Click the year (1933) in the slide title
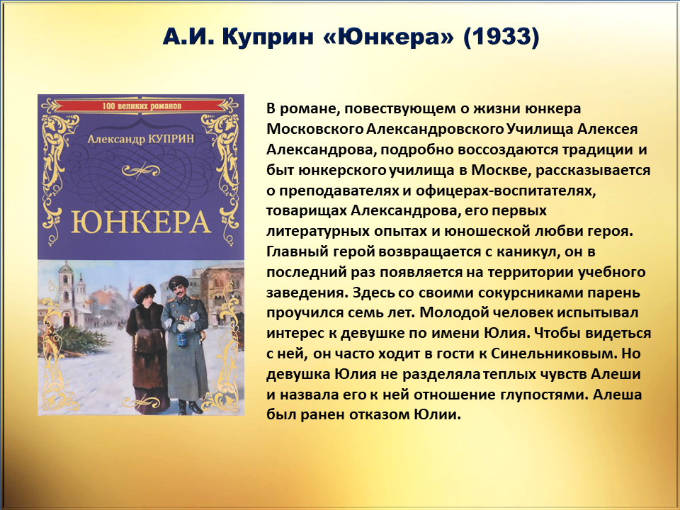[501, 36]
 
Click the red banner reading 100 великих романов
[141, 106]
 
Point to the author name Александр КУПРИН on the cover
[140, 139]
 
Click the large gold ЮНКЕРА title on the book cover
[140, 222]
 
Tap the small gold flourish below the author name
[140, 171]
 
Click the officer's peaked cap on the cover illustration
[178, 281]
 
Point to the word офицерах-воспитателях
[505, 191]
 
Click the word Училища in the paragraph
[538, 129]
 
